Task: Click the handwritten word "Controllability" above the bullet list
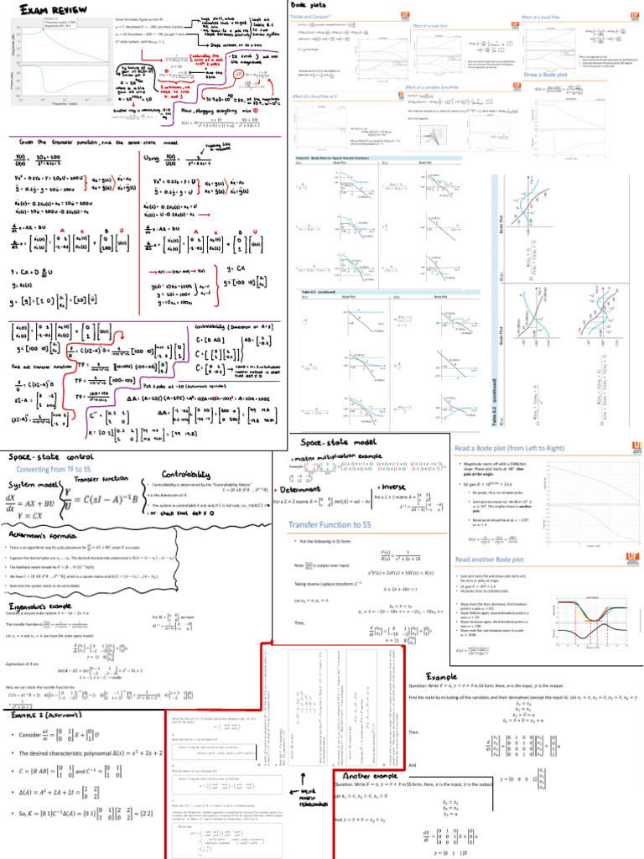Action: (x=186, y=471)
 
